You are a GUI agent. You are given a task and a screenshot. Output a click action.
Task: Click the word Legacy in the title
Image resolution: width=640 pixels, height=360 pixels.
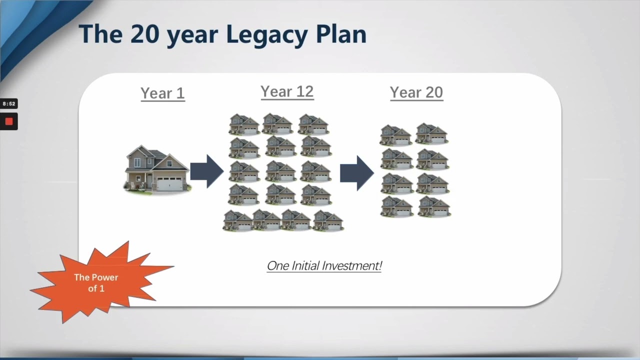[267, 35]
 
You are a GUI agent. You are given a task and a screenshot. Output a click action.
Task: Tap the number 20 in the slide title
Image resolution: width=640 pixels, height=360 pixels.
[144, 34]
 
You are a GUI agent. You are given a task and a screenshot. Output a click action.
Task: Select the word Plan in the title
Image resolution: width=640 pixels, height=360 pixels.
[341, 34]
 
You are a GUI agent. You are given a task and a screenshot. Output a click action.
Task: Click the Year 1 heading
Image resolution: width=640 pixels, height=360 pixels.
[163, 93]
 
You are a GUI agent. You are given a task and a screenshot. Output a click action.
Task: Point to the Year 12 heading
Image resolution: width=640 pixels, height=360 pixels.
[287, 91]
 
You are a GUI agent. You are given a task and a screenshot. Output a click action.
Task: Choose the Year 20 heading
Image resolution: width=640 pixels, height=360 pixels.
[416, 92]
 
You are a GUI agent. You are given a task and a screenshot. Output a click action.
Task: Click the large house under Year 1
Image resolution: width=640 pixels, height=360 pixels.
[157, 170]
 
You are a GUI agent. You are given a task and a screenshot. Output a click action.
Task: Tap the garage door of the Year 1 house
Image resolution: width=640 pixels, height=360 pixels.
[169, 183]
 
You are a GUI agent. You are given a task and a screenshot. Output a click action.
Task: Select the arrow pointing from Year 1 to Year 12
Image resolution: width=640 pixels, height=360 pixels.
[207, 171]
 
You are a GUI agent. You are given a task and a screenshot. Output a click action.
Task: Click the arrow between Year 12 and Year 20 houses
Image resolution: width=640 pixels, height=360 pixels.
[357, 173]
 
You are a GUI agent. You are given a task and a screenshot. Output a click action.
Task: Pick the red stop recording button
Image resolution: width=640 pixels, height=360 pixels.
[9, 121]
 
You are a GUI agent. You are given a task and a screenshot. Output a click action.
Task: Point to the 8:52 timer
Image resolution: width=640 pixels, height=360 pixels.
[9, 103]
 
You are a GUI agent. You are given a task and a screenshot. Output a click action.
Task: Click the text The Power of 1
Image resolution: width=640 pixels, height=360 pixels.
[96, 283]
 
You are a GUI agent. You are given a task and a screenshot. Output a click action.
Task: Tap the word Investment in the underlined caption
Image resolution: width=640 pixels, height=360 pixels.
[351, 265]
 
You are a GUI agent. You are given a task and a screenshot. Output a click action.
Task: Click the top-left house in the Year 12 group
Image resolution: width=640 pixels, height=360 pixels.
[244, 124]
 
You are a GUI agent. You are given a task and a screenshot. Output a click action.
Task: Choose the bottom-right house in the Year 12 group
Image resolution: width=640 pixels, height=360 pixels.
[328, 220]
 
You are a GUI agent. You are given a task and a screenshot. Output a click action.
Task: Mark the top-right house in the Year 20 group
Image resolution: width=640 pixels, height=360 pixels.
[431, 133]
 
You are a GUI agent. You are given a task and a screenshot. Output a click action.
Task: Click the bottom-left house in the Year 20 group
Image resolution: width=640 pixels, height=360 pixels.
[397, 206]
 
